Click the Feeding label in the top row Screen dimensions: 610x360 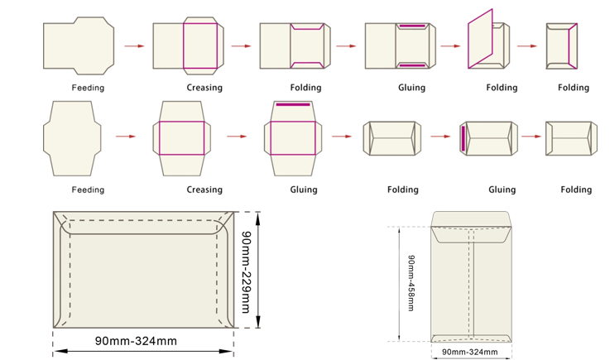click(88, 88)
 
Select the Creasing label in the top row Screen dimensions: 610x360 click(204, 88)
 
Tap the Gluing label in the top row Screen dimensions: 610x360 click(411, 88)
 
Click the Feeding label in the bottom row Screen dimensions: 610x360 click(88, 190)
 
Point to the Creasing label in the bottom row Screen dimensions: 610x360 click(204, 190)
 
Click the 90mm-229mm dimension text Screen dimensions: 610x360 click(247, 272)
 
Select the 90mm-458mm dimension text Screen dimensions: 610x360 click(411, 283)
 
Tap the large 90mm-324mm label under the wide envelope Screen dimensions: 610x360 click(136, 341)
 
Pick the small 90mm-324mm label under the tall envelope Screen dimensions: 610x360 click(469, 352)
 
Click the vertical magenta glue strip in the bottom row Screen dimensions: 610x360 click(464, 138)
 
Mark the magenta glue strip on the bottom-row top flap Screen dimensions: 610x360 click(293, 104)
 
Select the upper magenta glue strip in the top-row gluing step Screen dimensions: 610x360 click(412, 26)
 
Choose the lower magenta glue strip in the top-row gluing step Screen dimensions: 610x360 click(412, 65)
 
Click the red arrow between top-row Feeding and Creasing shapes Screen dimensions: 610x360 click(134, 46)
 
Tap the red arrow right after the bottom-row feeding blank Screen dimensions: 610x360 click(126, 137)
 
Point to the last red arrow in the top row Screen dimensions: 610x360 click(526, 46)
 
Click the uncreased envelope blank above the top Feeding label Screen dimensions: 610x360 click(79, 46)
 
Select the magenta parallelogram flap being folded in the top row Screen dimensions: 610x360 click(480, 39)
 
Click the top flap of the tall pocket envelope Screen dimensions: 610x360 click(471, 227)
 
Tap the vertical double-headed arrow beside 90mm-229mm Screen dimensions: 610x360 click(258, 270)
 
